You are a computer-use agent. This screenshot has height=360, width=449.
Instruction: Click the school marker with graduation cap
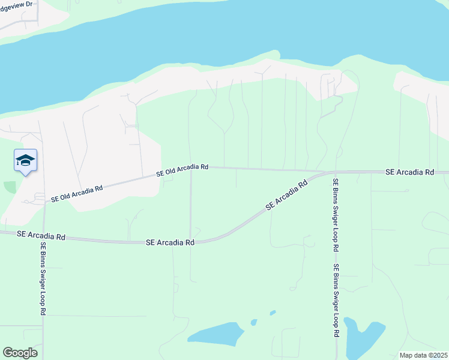[25, 161]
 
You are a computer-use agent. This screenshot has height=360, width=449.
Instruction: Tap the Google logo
[20, 353]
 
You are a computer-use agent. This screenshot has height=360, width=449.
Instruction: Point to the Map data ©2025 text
[423, 355]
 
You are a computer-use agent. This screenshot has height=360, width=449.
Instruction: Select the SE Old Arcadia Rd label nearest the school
[77, 193]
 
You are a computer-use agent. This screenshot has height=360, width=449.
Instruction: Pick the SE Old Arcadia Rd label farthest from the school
[182, 170]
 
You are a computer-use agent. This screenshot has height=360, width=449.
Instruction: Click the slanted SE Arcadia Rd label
[287, 196]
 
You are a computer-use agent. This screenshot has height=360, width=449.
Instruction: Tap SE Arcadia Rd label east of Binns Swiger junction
[409, 172]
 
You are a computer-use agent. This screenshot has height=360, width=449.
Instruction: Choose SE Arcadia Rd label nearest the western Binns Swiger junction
[41, 236]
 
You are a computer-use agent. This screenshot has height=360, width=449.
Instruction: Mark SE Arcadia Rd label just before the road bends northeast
[170, 242]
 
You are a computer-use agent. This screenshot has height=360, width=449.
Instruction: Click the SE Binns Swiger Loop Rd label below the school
[43, 278]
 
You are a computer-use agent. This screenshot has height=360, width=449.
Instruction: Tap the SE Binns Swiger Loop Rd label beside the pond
[337, 300]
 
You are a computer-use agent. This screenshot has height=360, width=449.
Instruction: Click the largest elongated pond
[215, 333]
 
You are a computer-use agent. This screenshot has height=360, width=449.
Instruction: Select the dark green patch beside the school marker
[10, 187]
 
